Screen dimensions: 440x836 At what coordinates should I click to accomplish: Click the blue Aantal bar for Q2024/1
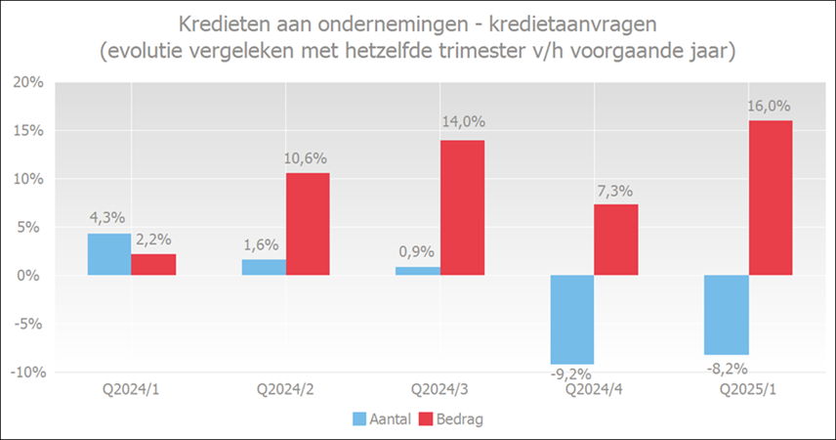pos(109,254)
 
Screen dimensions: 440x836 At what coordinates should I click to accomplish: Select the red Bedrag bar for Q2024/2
pos(308,224)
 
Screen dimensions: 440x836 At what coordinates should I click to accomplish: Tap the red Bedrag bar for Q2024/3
pos(462,207)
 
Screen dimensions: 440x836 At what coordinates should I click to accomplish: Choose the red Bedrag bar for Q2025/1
pos(771,198)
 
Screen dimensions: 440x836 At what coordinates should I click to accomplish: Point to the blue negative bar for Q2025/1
pos(727,315)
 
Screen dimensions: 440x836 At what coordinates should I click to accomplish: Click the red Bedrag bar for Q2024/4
pos(616,240)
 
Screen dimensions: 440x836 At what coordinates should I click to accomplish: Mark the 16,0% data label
pos(771,107)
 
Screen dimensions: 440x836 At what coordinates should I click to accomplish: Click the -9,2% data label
pos(572,373)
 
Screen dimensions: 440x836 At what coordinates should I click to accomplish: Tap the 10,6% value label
pos(308,158)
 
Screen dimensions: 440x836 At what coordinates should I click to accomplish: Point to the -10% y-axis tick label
pos(26,373)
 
